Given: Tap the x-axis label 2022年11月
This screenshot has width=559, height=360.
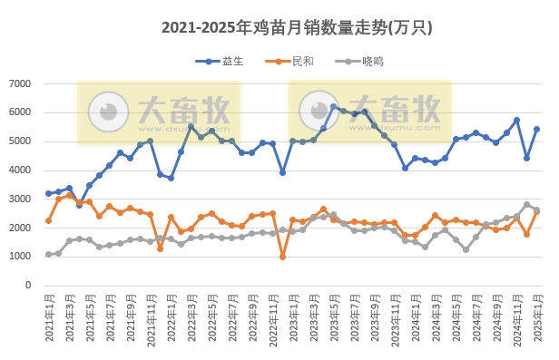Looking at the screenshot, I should click(x=271, y=316).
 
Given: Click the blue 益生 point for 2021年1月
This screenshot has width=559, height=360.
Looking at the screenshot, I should click(x=48, y=193).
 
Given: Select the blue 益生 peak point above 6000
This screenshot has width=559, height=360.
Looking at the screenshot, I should click(x=334, y=107).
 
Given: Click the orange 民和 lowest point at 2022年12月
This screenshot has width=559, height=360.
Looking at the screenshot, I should click(x=282, y=257).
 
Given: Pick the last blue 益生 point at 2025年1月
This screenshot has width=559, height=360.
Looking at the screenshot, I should click(x=536, y=129).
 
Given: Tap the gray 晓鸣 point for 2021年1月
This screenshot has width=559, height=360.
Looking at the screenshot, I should click(x=48, y=254).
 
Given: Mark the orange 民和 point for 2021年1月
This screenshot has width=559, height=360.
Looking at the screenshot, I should click(x=48, y=220).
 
